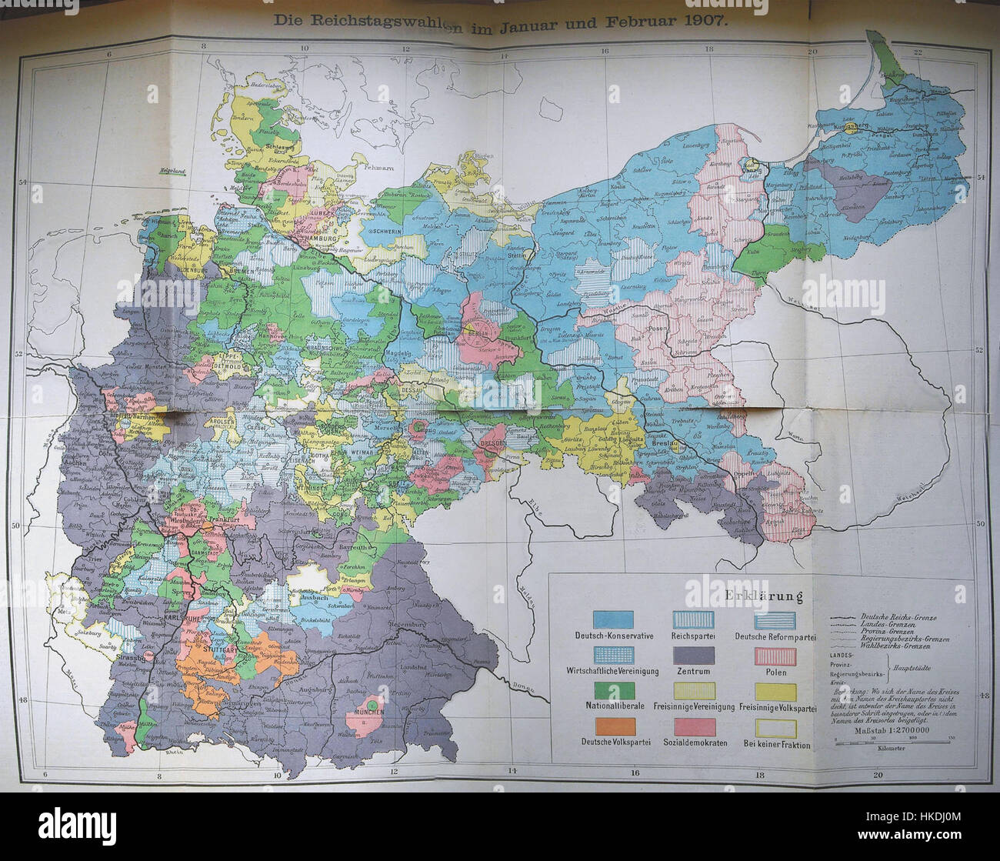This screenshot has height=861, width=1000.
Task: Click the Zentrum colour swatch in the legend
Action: [x=695, y=656]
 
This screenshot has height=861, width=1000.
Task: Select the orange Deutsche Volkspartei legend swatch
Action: [x=614, y=726]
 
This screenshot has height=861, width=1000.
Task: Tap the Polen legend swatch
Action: [x=776, y=656]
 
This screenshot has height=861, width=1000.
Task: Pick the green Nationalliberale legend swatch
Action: [x=614, y=691]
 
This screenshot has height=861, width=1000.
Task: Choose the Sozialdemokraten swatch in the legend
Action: [x=695, y=726]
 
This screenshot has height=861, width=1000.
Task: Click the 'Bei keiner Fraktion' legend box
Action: [x=776, y=726]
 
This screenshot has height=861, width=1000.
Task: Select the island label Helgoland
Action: [x=175, y=172]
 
